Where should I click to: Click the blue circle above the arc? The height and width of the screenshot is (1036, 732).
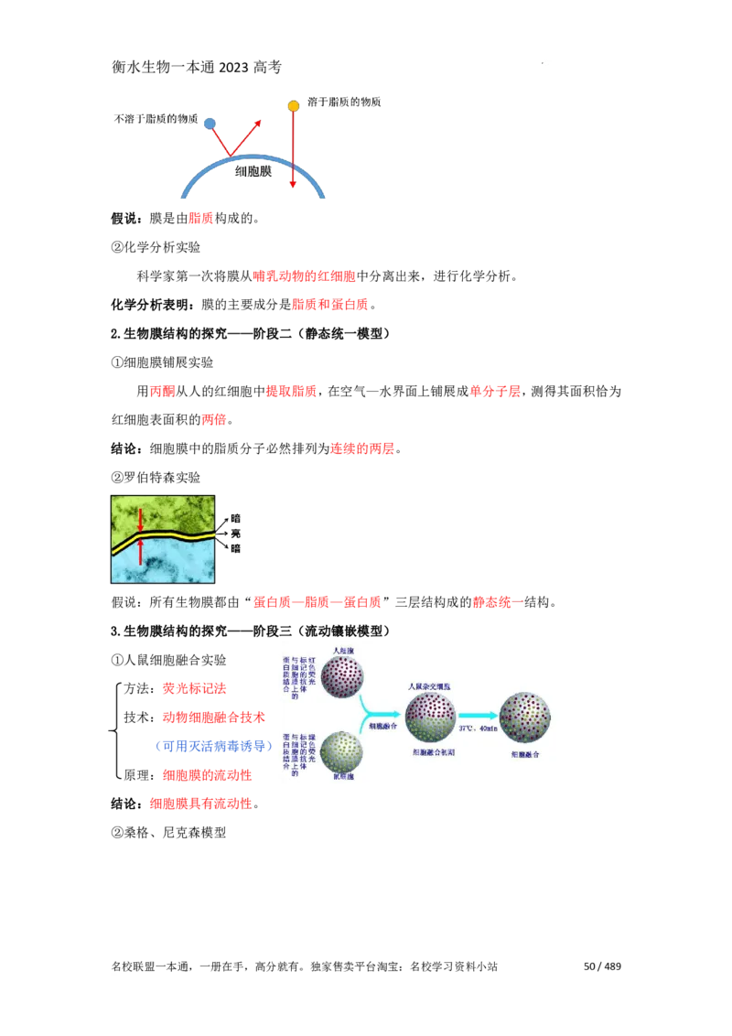(x=210, y=124)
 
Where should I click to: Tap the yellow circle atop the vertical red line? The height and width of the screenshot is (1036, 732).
(x=293, y=106)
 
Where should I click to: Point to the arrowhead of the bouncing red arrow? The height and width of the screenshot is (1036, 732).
(x=259, y=123)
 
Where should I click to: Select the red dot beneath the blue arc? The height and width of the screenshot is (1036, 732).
(x=293, y=186)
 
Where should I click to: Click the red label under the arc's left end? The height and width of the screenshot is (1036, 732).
(x=200, y=219)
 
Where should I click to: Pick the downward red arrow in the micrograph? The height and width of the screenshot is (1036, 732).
(x=140, y=520)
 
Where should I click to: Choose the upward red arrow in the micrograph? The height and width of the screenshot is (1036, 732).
(x=140, y=551)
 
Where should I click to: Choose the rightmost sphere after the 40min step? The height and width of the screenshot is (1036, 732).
(x=524, y=718)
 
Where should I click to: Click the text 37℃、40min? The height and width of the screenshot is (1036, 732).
(x=477, y=728)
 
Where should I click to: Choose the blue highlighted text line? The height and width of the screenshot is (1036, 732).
(x=215, y=747)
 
